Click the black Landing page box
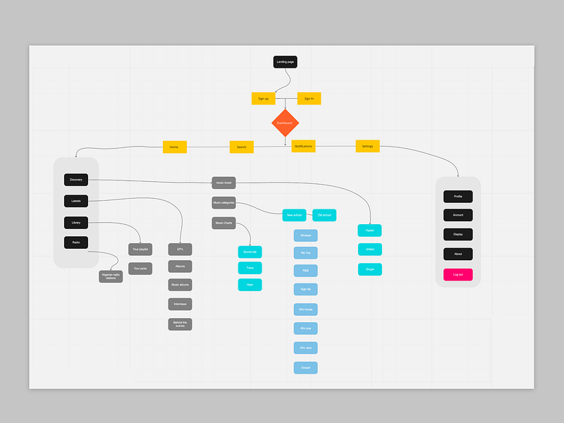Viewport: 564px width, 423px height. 285,62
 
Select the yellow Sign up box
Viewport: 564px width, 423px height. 263,99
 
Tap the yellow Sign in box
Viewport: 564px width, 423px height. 309,99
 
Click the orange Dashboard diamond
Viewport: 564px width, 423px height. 285,123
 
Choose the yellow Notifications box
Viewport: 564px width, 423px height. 303,146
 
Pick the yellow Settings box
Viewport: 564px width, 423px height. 367,146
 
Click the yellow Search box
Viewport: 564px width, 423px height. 241,147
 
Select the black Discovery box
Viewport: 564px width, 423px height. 76,180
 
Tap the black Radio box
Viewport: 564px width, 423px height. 76,243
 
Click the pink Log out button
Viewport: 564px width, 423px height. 458,274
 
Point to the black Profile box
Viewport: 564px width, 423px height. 458,196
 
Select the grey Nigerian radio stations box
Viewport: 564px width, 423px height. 111,276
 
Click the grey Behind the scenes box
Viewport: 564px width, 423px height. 180,324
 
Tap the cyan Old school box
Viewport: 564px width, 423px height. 324,214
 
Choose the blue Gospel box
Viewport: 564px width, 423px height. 305,367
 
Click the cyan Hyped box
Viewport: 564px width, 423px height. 369,230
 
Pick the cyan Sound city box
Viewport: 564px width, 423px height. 250,251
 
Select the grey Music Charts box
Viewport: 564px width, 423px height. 223,223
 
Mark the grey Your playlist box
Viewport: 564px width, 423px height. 140,249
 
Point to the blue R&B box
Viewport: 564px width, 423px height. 305,270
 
